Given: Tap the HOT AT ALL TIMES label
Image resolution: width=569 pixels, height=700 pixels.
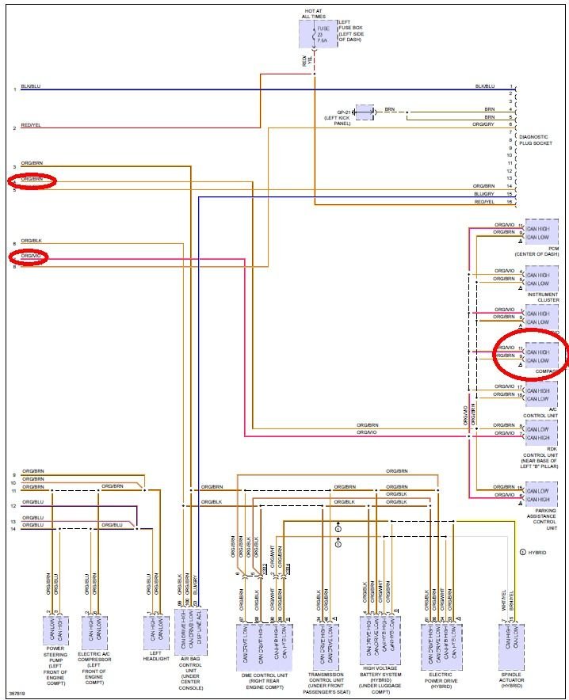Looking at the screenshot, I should coord(313,13).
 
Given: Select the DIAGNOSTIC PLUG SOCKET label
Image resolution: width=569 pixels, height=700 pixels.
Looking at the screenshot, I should coord(533,141).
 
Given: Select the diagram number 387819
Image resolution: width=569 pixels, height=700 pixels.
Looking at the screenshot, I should coord(16,694).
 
